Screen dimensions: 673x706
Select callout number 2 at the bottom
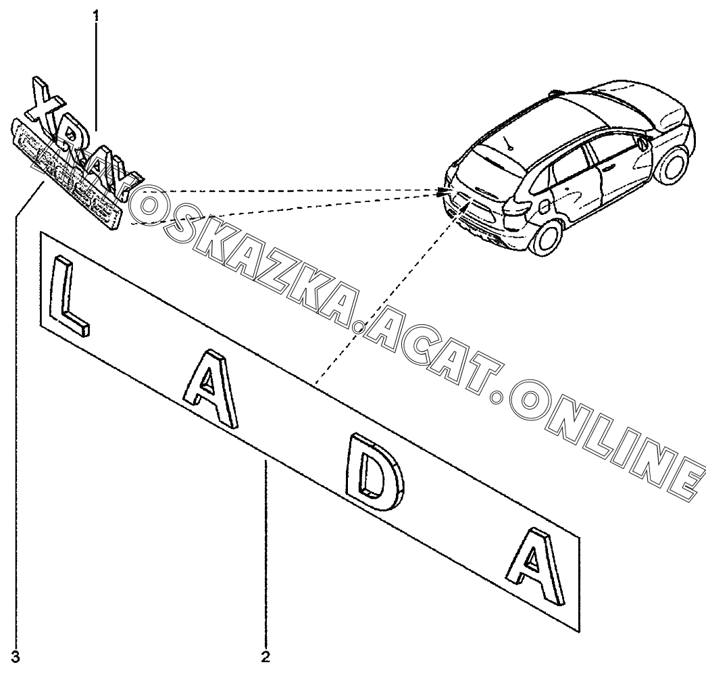click(266, 656)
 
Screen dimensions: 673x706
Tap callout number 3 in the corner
click(16, 656)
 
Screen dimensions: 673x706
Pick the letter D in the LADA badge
click(374, 476)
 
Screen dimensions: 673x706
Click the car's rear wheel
click(548, 237)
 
